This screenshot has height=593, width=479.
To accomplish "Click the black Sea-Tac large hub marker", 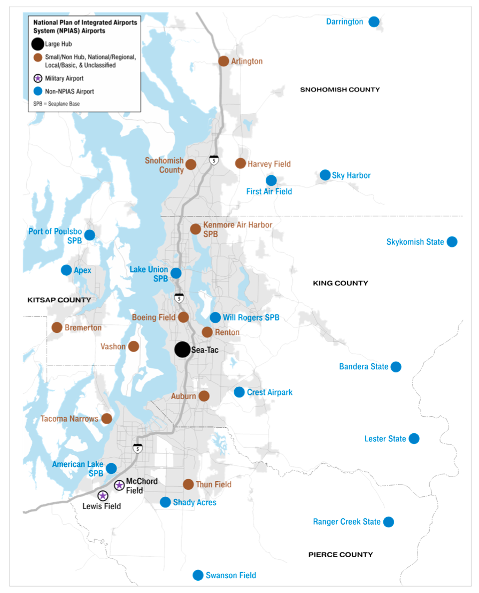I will pyautogui.click(x=182, y=349).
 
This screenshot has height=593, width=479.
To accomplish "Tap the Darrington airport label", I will pyautogui.click(x=345, y=22).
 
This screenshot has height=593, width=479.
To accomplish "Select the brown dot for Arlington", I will pyautogui.click(x=223, y=61).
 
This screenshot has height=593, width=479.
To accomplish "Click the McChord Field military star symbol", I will pyautogui.click(x=119, y=485).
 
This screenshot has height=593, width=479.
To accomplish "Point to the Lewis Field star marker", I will pyautogui.click(x=103, y=496).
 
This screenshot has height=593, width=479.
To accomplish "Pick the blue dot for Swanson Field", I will pyautogui.click(x=198, y=575).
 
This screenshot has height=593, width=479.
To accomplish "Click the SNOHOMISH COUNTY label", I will pyautogui.click(x=340, y=90).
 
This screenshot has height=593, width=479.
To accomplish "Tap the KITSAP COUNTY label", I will pyautogui.click(x=59, y=300).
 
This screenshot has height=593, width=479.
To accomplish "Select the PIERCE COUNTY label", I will pyautogui.click(x=341, y=555).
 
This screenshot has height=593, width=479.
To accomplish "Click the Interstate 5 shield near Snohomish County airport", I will pyautogui.click(x=214, y=159).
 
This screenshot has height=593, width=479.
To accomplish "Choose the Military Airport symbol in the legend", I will pyautogui.click(x=38, y=79).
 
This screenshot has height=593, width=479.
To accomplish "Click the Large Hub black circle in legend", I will pyautogui.click(x=38, y=44).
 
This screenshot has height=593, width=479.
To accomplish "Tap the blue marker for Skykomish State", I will pyautogui.click(x=452, y=241).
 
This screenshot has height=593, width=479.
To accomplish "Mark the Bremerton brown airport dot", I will pyautogui.click(x=57, y=327).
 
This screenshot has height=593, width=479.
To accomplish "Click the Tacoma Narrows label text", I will pyautogui.click(x=69, y=419).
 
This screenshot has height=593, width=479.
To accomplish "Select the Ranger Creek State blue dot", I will pyautogui.click(x=389, y=522).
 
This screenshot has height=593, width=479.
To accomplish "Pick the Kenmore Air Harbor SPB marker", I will pyautogui.click(x=196, y=229).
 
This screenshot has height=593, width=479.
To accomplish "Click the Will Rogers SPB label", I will pyautogui.click(x=251, y=318).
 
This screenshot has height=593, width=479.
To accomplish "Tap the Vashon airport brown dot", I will pyautogui.click(x=134, y=346).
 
